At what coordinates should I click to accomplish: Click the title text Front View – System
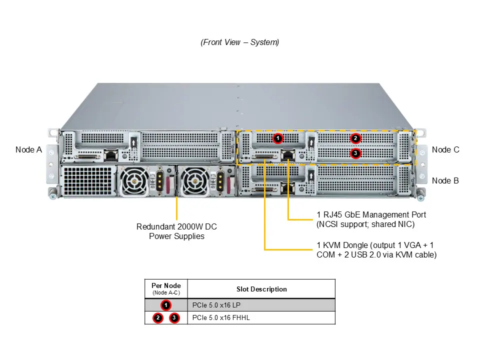click(x=239, y=42)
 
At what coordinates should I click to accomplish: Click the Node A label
click(x=28, y=149)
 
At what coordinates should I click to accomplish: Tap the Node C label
click(x=445, y=149)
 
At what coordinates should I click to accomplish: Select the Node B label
click(x=445, y=180)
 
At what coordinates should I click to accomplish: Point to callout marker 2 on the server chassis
click(x=355, y=138)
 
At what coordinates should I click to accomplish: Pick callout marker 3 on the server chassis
click(x=355, y=153)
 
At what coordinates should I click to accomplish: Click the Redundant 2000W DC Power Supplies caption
click(x=176, y=231)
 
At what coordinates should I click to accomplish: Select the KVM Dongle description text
click(x=376, y=250)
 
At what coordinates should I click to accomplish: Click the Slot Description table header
click(x=261, y=289)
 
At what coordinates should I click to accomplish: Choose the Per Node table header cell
click(x=166, y=288)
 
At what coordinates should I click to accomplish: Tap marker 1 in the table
click(x=166, y=305)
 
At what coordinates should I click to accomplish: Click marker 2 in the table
click(x=158, y=317)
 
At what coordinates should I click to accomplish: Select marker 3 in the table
click(x=174, y=317)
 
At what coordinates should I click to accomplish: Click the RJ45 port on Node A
click(x=110, y=155)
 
